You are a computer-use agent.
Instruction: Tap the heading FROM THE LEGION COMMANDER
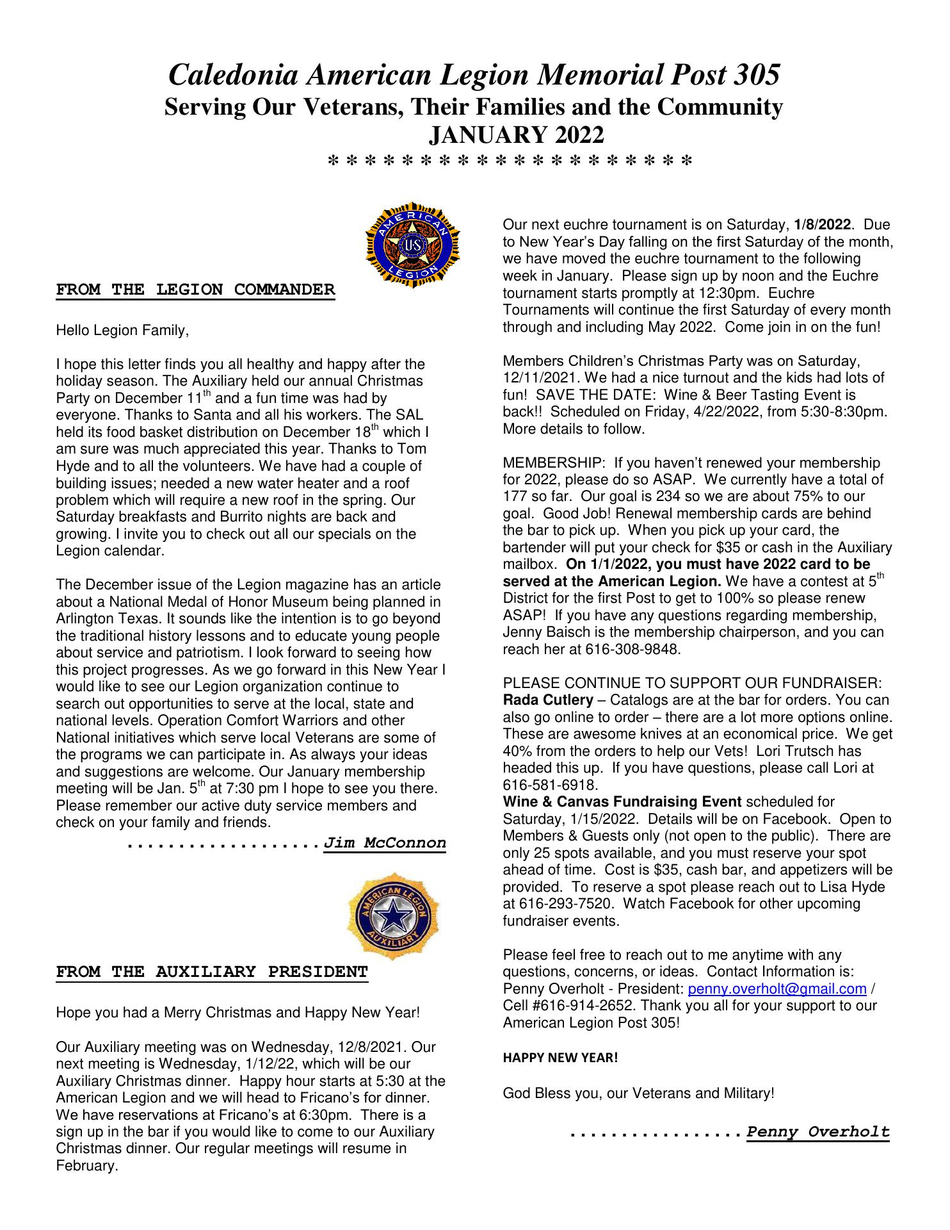pyautogui.click(x=195, y=290)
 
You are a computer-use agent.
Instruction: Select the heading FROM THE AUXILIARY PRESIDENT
pyautogui.click(x=212, y=972)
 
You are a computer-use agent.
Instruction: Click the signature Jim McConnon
pyautogui.click(x=385, y=842)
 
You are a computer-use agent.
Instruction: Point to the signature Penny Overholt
pyautogui.click(x=817, y=1132)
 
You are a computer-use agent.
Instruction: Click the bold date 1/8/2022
pyautogui.click(x=822, y=225)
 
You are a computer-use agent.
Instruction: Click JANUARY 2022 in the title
pyautogui.click(x=515, y=135)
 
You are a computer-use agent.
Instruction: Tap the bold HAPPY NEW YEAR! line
pyautogui.click(x=560, y=1058)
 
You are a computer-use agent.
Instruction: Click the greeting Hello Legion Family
pyautogui.click(x=122, y=331)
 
